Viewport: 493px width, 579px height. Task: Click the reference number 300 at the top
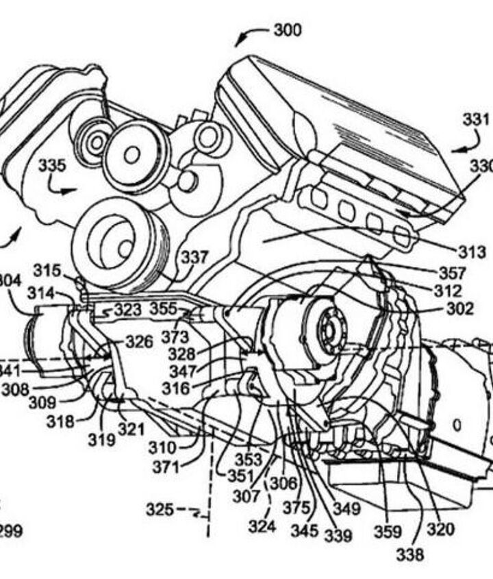click(x=288, y=29)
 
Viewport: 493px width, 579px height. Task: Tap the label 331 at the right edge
click(x=476, y=119)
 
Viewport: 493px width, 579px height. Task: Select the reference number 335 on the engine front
click(x=52, y=165)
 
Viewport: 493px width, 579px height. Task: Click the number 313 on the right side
click(x=472, y=252)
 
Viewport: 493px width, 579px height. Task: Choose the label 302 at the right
click(x=459, y=309)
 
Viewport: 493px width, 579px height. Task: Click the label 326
click(x=139, y=341)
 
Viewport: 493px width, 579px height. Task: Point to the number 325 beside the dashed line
click(x=160, y=510)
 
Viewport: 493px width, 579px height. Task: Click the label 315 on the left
click(x=47, y=271)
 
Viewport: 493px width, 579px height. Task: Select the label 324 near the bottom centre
click(x=262, y=526)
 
